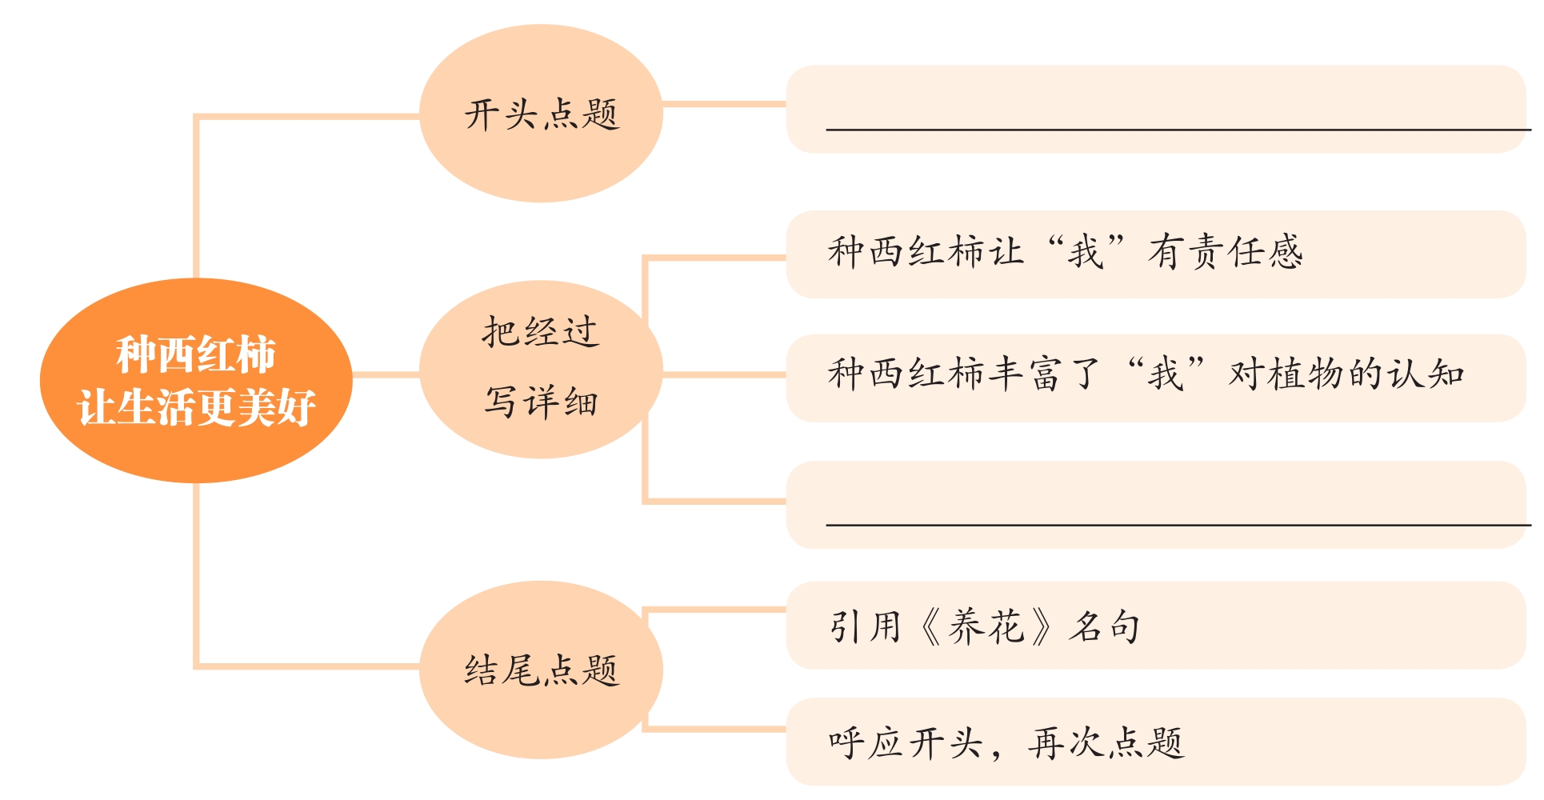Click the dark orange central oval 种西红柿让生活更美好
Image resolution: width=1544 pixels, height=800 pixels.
coord(196,381)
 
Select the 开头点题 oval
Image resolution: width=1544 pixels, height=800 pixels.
coord(541,114)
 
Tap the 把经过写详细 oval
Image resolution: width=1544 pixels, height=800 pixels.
coord(541,369)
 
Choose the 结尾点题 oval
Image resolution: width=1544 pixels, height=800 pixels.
coord(541,670)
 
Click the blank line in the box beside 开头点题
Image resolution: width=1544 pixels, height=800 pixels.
coord(1176,128)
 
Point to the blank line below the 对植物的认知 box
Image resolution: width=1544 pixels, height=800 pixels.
coord(1176,524)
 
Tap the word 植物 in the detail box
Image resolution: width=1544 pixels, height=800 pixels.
coord(1307,374)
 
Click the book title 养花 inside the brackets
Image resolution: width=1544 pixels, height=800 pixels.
coord(986,626)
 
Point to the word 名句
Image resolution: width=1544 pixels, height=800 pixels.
coord(1105,626)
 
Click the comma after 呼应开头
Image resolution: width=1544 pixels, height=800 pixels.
coord(996,752)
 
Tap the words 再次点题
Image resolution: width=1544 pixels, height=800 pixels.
coord(1106,743)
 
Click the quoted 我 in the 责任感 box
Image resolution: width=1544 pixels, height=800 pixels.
coord(1086,252)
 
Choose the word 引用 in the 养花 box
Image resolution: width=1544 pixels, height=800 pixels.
coord(866,626)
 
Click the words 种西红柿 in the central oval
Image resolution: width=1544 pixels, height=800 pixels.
coord(196,354)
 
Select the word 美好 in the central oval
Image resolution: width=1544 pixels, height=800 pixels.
coord(276,407)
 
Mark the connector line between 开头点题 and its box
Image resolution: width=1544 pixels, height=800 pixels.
coord(724,104)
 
